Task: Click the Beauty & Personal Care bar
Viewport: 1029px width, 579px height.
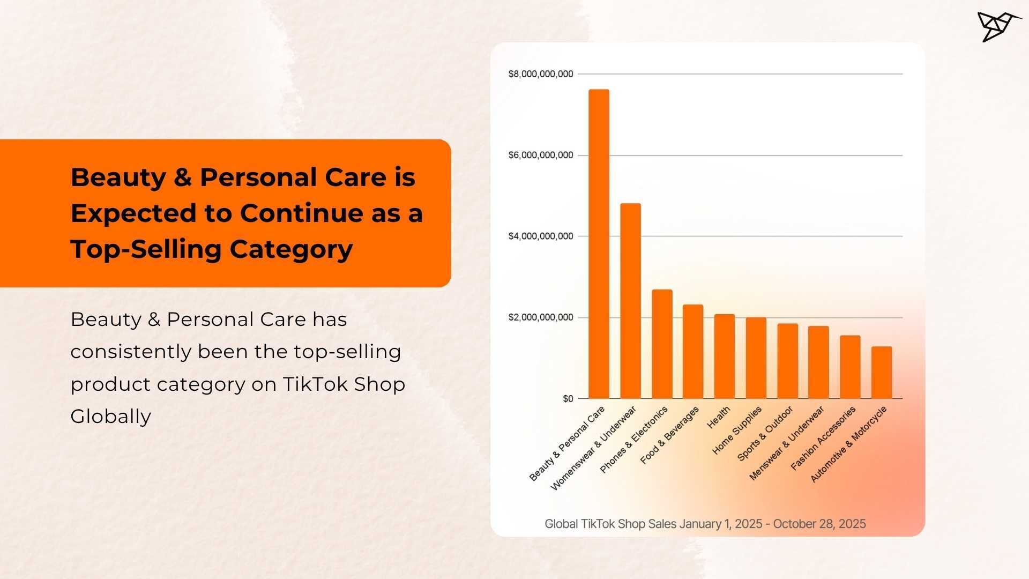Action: pyautogui.click(x=599, y=244)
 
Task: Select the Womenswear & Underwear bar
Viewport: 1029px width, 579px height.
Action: pyautogui.click(x=630, y=301)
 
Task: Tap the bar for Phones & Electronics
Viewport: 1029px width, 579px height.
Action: pyautogui.click(x=662, y=344)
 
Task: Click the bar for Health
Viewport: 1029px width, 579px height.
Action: pyautogui.click(x=725, y=356)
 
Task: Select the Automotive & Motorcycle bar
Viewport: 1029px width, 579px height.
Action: pyautogui.click(x=882, y=372)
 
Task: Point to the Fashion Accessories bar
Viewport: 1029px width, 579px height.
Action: pyautogui.click(x=850, y=367)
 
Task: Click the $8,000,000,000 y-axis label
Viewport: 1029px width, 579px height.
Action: pyautogui.click(x=540, y=74)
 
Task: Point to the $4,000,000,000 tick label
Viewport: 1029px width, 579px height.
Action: pyautogui.click(x=540, y=236)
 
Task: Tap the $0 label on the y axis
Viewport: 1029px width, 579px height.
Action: pyautogui.click(x=568, y=399)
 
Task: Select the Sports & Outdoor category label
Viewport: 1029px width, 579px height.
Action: pyautogui.click(x=765, y=434)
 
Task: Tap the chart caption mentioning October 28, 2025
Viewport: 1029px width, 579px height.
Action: pyautogui.click(x=705, y=524)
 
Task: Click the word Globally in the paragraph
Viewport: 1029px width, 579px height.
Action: pyautogui.click(x=110, y=417)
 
